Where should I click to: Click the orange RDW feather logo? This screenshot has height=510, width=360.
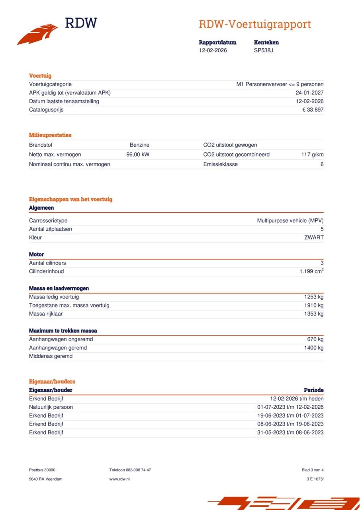coord(37,34)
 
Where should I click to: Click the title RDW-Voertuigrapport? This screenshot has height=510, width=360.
coord(254,24)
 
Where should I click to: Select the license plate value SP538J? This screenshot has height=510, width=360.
coord(263,50)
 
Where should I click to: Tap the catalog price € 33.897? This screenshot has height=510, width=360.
coord(313,110)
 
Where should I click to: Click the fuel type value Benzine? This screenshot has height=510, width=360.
coord(139,145)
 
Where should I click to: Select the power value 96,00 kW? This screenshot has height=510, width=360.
coord(138,155)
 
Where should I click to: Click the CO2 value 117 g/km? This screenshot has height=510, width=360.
coord(312,155)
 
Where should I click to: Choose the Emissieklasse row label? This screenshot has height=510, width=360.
coord(220,164)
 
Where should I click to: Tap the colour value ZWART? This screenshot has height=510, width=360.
coord(314,237)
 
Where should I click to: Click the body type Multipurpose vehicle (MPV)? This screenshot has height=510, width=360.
coord(290,220)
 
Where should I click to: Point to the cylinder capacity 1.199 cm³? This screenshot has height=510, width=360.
coord(311,271)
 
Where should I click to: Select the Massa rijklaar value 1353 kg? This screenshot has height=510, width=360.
coord(314,314)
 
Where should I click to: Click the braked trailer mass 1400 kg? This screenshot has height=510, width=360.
coord(314,348)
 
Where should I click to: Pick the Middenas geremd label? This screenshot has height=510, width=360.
coord(51,356)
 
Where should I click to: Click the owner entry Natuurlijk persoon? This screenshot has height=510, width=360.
coord(51,407)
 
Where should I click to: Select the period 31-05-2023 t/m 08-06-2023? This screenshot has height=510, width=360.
coord(290,432)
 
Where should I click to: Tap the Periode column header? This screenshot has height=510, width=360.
coord(313,390)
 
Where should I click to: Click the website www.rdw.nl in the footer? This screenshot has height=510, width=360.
coord(119,479)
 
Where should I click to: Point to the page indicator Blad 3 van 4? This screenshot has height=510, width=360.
coord(313,470)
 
